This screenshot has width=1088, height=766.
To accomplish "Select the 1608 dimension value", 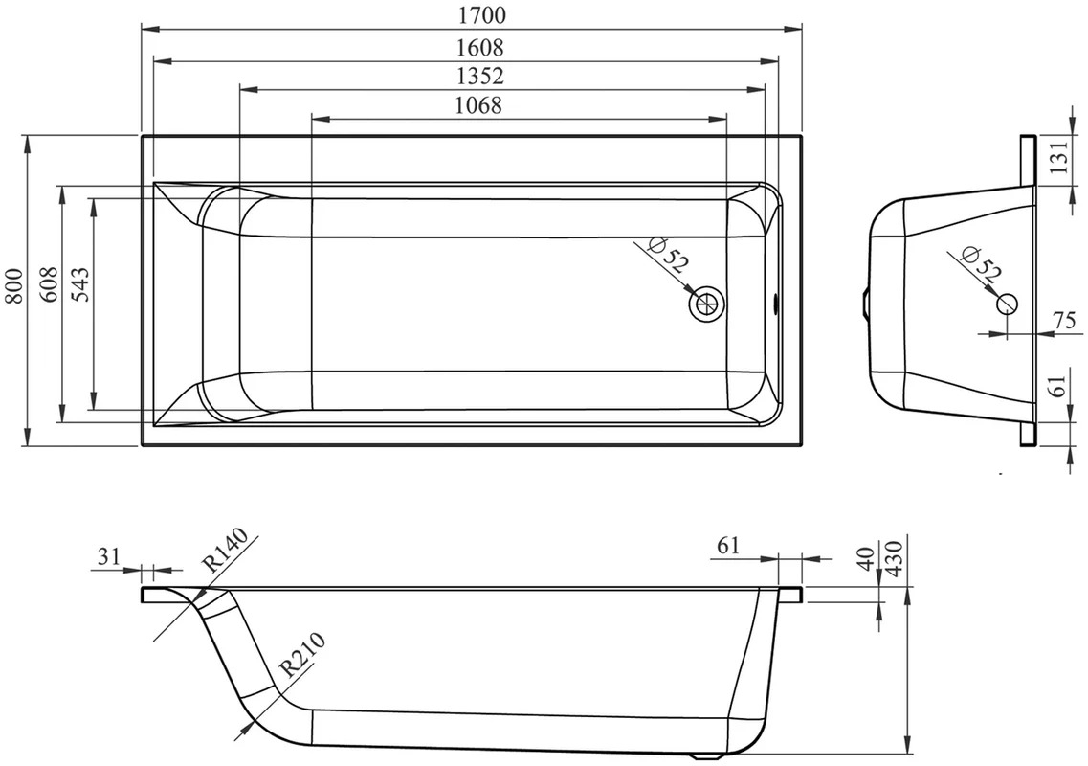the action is pos(480,47).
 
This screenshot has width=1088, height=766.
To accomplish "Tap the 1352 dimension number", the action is pos(480,75).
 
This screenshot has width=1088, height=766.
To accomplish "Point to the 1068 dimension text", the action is pos(478,105).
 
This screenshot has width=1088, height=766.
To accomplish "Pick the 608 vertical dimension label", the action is pos(49,284).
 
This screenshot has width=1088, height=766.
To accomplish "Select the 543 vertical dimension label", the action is pos(79,284).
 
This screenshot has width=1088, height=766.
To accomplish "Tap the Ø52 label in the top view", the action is pos(667,254).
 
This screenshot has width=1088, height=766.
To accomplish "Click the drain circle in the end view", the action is pos(1006,303).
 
